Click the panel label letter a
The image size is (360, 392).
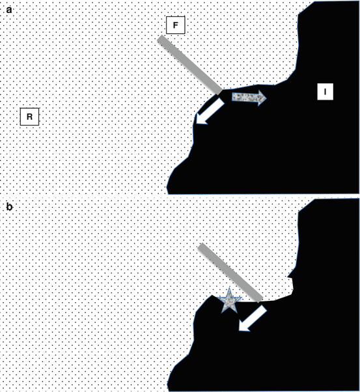(9, 10)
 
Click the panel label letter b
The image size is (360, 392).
(9, 207)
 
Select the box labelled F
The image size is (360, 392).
(176, 25)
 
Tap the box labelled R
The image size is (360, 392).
(29, 117)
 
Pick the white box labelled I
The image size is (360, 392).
(325, 92)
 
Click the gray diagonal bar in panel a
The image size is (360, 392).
(189, 65)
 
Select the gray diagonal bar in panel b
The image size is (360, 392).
(230, 273)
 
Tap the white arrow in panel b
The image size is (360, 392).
(253, 318)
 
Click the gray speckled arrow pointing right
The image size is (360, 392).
(249, 98)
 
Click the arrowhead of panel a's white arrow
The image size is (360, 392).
(201, 120)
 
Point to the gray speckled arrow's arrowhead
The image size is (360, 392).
(262, 98)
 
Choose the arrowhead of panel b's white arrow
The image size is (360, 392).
(243, 327)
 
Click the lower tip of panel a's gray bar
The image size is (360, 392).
(219, 92)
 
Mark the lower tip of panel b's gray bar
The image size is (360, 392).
(259, 300)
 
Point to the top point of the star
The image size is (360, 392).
(229, 288)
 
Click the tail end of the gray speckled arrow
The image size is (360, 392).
(232, 97)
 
